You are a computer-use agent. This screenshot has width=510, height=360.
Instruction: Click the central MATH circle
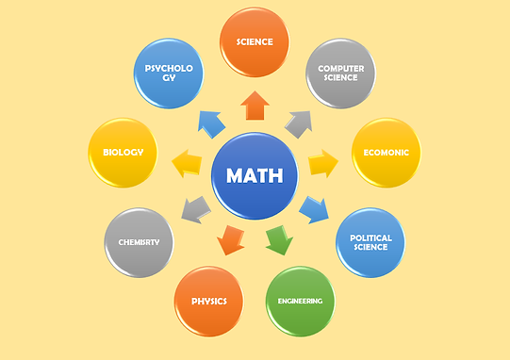tap(255, 175)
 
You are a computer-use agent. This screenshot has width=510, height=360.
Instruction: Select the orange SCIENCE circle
tap(255, 42)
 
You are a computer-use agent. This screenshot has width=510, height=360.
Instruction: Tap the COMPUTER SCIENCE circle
tap(340, 74)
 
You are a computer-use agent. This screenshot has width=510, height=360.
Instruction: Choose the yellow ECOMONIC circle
tap(387, 153)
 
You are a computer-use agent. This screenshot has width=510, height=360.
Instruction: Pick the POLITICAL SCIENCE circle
tap(370, 242)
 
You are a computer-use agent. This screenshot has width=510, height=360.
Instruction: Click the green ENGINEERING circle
tap(300, 302)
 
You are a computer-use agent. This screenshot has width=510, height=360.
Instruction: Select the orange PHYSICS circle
tap(209, 302)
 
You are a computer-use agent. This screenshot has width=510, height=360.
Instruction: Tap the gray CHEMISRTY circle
tap(139, 242)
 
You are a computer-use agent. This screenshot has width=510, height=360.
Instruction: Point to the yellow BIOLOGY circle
tap(123, 153)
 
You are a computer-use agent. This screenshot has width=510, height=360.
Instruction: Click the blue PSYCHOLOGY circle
tap(169, 74)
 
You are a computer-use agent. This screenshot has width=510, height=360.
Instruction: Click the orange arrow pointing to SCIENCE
tap(255, 106)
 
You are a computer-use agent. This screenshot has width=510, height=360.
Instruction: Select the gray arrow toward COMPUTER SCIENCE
tap(299, 124)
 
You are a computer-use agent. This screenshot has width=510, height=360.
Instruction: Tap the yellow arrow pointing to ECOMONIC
tap(323, 163)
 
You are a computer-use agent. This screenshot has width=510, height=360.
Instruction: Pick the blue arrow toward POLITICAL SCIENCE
tap(314, 210)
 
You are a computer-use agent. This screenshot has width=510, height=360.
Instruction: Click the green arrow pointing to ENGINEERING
tap(279, 240)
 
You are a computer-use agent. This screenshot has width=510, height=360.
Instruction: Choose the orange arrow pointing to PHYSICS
tap(231, 240)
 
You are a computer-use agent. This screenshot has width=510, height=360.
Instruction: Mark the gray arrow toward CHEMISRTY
tap(196, 210)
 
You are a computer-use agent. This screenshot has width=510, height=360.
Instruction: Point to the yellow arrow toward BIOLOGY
tap(187, 163)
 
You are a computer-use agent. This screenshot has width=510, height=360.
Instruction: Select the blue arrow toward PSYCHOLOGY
tap(211, 124)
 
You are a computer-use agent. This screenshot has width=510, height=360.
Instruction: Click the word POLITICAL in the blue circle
tap(370, 238)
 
